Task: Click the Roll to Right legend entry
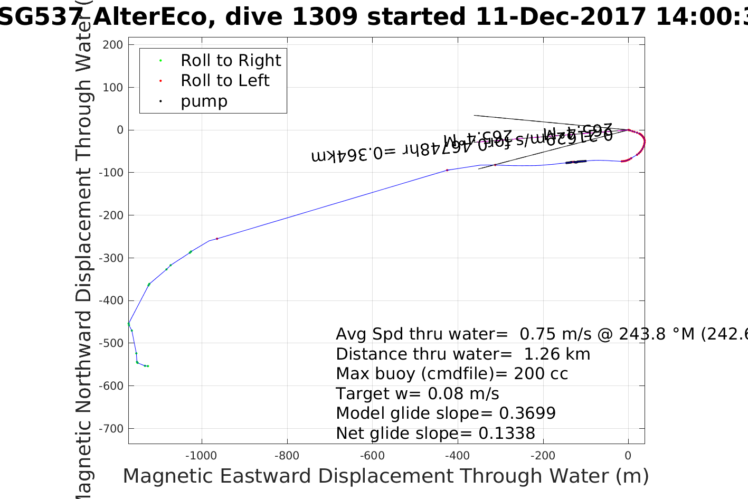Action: click(231, 61)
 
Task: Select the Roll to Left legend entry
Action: click(225, 81)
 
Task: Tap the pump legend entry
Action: click(204, 101)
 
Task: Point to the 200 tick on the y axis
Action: click(113, 45)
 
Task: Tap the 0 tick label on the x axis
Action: click(628, 456)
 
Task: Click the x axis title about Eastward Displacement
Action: click(385, 476)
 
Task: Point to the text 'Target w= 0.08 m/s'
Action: click(418, 394)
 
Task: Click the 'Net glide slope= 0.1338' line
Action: click(435, 434)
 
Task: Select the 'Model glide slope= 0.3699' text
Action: click(446, 413)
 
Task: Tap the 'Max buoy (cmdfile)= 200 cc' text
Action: click(452, 374)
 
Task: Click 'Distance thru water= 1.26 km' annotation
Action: click(463, 354)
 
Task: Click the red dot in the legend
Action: click(160, 81)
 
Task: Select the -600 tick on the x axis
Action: click(373, 456)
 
